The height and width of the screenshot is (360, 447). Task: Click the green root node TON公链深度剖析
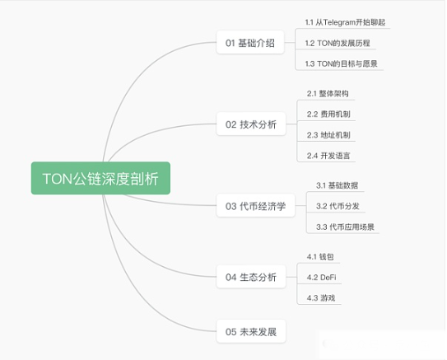point(100,178)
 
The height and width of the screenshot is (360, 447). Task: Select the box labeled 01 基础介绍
point(250,43)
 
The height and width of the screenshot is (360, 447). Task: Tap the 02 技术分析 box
point(251,124)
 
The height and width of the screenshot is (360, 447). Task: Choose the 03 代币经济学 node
point(256,206)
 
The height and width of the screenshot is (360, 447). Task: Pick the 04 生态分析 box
point(251,277)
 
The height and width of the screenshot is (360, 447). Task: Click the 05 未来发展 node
point(251,331)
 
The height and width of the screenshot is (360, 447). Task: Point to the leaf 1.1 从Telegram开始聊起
point(345,22)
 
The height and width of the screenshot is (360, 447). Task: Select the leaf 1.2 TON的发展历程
point(338,43)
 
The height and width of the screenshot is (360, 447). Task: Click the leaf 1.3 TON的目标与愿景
point(342,63)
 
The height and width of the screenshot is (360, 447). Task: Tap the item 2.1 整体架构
point(328,94)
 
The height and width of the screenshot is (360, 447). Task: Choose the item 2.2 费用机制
point(328,115)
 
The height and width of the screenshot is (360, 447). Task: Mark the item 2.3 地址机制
point(328,135)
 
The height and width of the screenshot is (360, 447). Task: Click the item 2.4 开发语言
point(328,156)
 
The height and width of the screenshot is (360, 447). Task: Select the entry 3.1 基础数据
point(337,185)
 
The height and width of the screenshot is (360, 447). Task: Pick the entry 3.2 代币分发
point(338,206)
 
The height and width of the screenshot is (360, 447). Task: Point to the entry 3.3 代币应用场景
point(345,227)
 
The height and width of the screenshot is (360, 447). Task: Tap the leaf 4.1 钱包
point(320,257)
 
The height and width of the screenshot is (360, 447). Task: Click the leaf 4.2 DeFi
point(322,278)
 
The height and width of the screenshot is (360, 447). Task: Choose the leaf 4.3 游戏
point(321,298)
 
